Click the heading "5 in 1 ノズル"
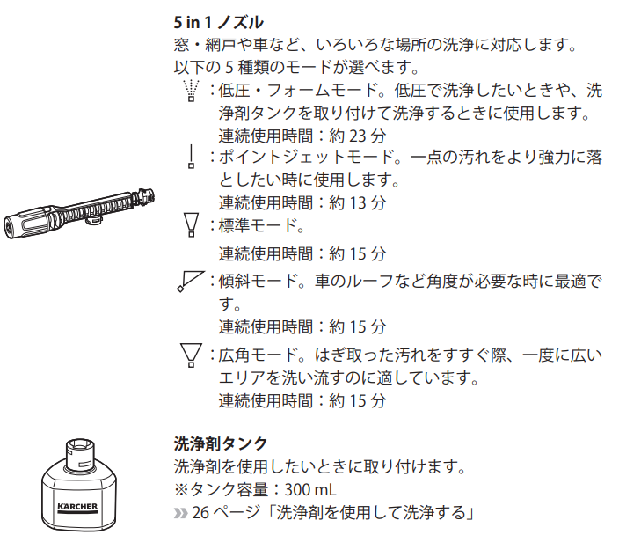[x=218, y=22]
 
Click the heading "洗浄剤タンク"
[x=221, y=443]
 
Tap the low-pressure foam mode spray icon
[x=192, y=91]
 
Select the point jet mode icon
[x=192, y=157]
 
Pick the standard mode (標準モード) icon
[x=192, y=225]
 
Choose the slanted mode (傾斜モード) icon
[x=191, y=282]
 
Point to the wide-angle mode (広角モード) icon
[x=192, y=355]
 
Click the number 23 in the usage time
[x=358, y=136]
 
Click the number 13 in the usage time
[x=358, y=202]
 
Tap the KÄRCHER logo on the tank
[x=77, y=508]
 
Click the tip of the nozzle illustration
[x=8, y=229]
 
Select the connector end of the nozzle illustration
[x=145, y=196]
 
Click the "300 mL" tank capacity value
[x=310, y=490]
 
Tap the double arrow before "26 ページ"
[x=181, y=513]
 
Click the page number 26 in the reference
[x=200, y=513]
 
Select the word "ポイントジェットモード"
[x=306, y=157]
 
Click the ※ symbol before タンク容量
[x=181, y=490]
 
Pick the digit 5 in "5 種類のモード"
[x=229, y=68]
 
